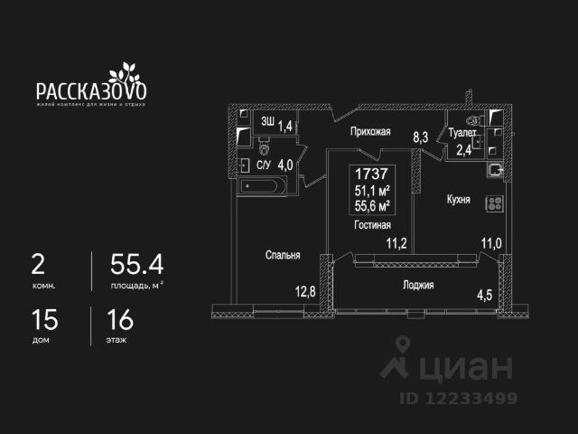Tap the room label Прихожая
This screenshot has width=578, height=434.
coord(371,132)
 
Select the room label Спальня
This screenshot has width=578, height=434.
coord(283,256)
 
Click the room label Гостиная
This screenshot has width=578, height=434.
coord(372,225)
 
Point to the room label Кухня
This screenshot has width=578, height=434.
coord(458,200)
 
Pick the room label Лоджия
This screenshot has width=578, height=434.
coord(418,285)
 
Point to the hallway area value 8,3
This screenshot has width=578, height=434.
coord(421,138)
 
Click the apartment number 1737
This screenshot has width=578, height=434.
coord(372,174)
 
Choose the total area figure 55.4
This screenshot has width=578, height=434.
coord(136,265)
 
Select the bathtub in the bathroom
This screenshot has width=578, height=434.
coord(265,187)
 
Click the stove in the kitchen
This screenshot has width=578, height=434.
coord(493,204)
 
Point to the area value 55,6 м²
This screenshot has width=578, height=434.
coord(372,205)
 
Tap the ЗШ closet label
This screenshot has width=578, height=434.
coord(268,121)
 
